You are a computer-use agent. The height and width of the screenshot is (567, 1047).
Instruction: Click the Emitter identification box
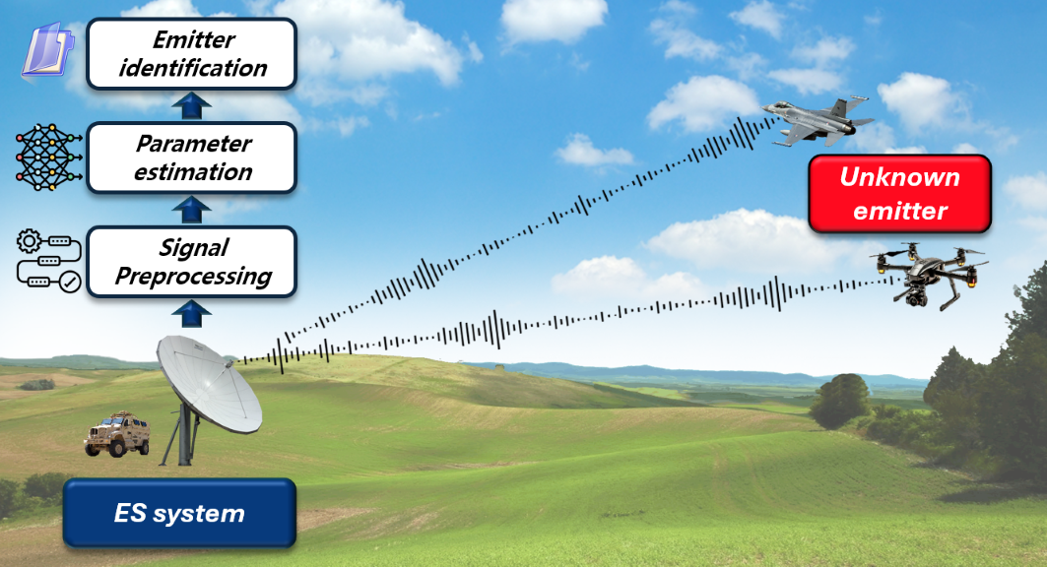point(192,54)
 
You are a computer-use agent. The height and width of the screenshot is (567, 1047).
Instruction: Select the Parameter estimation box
point(192,158)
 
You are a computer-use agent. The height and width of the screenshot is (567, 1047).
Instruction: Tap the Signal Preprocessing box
point(192,262)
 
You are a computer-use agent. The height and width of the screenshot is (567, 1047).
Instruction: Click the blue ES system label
point(179,513)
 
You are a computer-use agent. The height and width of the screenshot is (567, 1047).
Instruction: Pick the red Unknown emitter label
point(899,194)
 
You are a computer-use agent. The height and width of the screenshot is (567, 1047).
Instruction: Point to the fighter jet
point(818,121)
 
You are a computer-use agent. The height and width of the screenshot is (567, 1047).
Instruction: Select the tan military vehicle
point(117,434)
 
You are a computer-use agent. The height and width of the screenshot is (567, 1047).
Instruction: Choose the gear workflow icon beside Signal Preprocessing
point(48,261)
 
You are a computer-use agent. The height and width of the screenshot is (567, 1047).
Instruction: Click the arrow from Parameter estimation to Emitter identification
point(192,106)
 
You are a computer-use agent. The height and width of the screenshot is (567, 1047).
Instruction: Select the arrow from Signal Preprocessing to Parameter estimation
point(192,210)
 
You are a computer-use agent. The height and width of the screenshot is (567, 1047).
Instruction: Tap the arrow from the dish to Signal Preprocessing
point(192,314)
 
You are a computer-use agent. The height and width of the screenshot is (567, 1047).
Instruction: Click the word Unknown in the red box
point(899,177)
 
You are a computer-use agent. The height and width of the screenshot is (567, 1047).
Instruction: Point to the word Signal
point(194,248)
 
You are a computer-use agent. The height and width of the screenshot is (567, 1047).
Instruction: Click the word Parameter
point(194,144)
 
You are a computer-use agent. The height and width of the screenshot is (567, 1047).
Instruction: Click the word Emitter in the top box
point(194,40)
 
